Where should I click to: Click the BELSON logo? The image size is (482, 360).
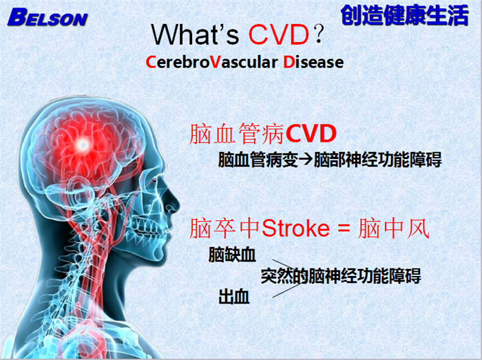48,18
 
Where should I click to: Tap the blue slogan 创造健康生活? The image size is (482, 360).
405,15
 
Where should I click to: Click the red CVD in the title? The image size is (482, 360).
279,34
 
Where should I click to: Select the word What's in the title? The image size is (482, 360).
195,34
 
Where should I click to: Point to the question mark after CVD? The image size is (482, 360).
319,34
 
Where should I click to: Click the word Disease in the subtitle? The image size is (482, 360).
313,62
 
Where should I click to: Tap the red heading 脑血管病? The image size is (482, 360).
237,134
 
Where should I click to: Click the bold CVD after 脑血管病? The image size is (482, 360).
311,134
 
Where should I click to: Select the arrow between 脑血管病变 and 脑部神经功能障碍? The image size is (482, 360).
306,160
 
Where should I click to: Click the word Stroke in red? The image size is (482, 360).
295,228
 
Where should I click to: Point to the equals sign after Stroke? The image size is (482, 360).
344,229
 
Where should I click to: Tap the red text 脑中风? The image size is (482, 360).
393,229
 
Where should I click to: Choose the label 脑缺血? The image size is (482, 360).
232,254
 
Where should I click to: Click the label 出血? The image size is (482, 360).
233,297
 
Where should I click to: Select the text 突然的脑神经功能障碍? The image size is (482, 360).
341,275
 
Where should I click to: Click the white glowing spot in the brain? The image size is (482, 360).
82,145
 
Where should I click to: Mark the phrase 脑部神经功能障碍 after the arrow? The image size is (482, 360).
378,160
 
